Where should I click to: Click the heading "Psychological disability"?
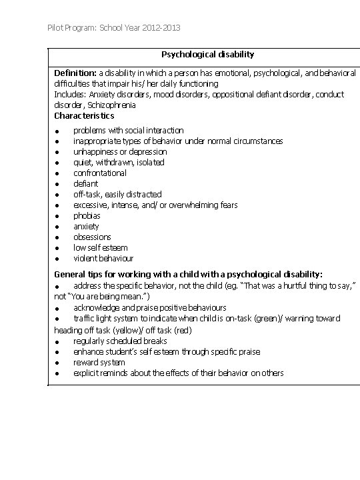point(207,54)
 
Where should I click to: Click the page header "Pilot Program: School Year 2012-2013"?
point(114,28)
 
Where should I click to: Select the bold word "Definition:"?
point(75,73)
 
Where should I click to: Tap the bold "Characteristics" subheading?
point(84,115)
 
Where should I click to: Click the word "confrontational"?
point(99,173)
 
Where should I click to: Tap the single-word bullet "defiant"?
point(85,183)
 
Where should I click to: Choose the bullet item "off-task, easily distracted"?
point(117,194)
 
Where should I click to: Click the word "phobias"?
point(87,215)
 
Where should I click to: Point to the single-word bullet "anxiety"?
point(86,226)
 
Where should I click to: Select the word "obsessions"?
point(92,237)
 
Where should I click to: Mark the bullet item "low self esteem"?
point(100,247)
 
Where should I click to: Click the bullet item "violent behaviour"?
point(103,258)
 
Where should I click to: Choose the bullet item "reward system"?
point(99,362)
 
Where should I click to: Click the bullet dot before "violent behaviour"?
point(58,259)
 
